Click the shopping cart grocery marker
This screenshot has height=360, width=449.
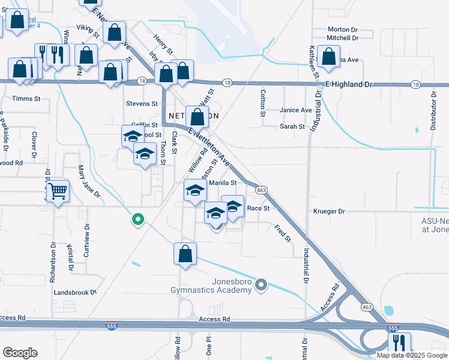tap(58, 192)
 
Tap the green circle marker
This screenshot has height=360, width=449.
tap(138, 220)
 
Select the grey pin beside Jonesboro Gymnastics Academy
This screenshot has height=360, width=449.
tap(261, 284)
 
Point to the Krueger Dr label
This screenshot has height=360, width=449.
tap(330, 212)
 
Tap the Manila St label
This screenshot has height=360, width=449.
tap(224, 182)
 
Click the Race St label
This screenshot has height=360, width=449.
tap(259, 208)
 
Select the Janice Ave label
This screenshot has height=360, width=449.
tap(296, 110)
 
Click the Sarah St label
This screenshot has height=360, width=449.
tap(292, 127)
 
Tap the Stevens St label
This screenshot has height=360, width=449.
tap(142, 104)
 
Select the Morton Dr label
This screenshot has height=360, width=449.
tap(342, 29)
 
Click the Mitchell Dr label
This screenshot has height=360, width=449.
tap(342, 38)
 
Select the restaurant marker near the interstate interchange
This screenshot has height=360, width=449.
tap(399, 344)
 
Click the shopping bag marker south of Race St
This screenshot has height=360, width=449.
tap(185, 253)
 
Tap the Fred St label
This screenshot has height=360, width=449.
tap(282, 233)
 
